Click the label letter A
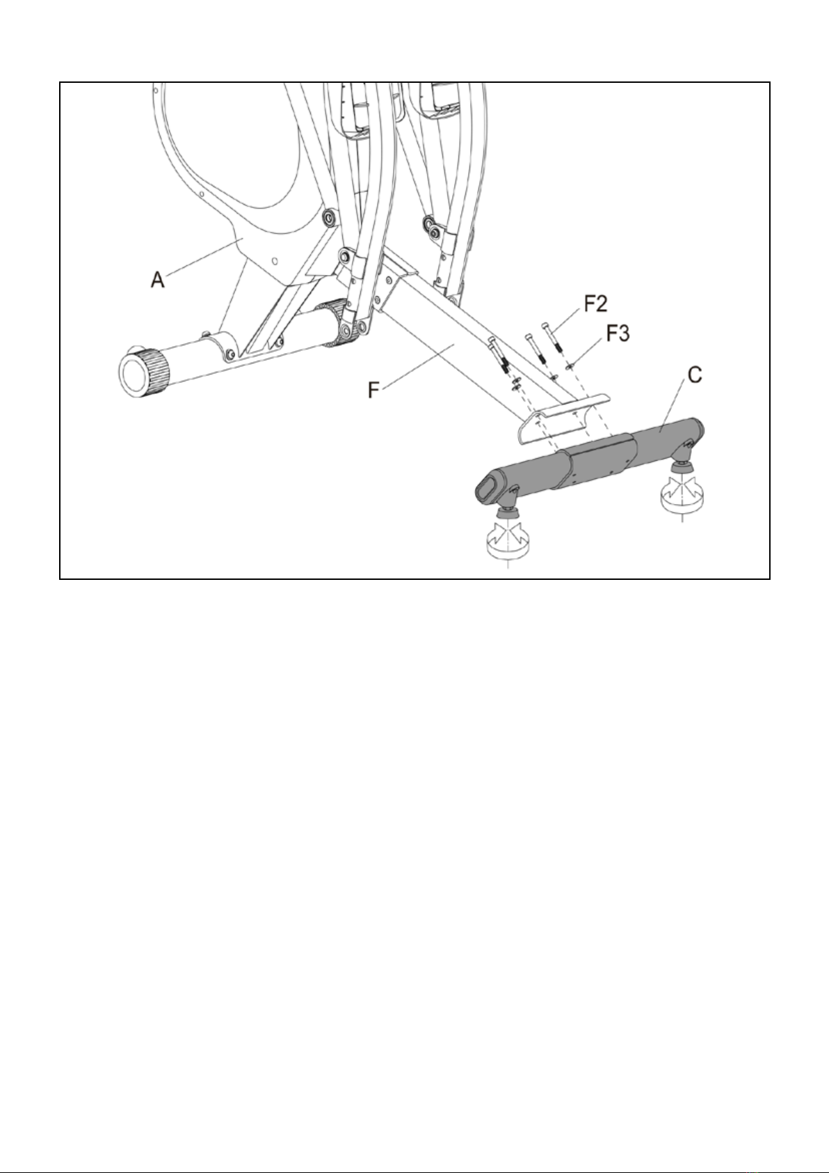[157, 279]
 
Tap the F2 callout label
[595, 304]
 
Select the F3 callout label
[618, 333]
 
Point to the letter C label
[695, 375]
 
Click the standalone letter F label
[373, 390]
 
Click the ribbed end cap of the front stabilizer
[144, 372]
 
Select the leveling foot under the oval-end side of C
[506, 537]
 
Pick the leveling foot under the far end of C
[682, 488]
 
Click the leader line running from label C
[672, 406]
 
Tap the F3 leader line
[588, 349]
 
